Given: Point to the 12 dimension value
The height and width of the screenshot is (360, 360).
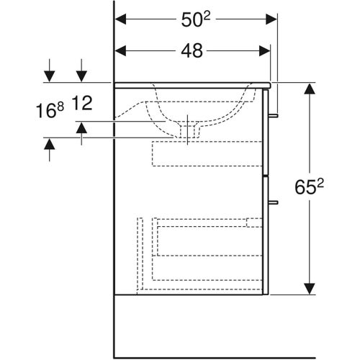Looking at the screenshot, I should point(84,105).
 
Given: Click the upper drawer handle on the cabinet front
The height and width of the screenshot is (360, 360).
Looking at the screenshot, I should point(275,114).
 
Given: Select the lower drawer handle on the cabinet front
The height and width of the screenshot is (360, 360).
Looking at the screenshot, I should point(275,202).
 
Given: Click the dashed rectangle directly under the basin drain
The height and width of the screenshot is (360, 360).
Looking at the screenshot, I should point(207,155).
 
